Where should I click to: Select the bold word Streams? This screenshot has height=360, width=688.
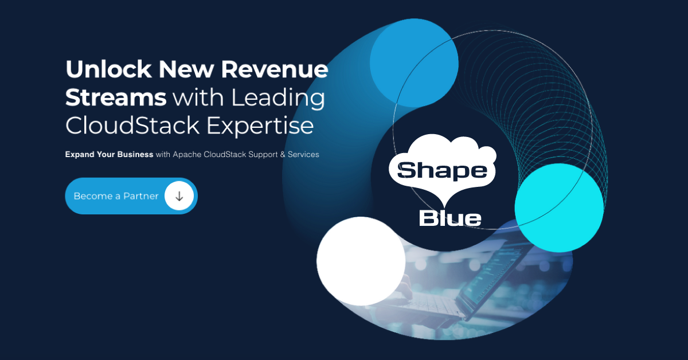pyautogui.click(x=116, y=98)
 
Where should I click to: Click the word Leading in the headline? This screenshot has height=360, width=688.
pyautogui.click(x=278, y=98)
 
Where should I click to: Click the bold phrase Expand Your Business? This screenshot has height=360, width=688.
pyautogui.click(x=109, y=155)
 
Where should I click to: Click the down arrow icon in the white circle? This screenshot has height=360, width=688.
pyautogui.click(x=179, y=196)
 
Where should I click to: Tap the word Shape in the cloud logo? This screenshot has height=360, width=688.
pyautogui.click(x=442, y=170)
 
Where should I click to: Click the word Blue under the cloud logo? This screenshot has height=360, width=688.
pyautogui.click(x=450, y=218)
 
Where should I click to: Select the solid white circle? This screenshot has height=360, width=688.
pyautogui.click(x=361, y=261)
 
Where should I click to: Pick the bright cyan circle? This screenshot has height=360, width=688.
pyautogui.click(x=559, y=208)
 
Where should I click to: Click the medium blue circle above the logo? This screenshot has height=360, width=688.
pyautogui.click(x=414, y=62)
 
